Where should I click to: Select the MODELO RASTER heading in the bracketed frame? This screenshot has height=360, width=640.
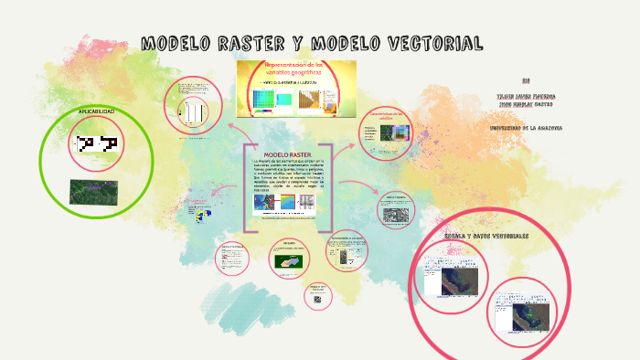(x=288, y=154)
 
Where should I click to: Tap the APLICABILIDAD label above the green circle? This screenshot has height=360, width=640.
(x=96, y=111)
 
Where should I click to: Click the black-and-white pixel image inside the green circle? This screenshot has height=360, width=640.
(x=98, y=143)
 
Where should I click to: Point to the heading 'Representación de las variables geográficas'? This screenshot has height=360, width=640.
(x=298, y=69)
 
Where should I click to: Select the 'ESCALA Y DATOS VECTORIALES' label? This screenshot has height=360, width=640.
(x=486, y=236)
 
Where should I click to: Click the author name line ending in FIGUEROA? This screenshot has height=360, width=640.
(x=525, y=95)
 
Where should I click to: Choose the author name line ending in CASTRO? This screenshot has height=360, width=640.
(x=525, y=104)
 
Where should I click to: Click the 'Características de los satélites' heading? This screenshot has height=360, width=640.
(x=384, y=116)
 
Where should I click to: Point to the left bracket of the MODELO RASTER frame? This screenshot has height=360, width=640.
(x=246, y=187)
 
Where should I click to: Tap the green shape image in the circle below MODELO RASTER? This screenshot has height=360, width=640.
(x=289, y=260)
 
